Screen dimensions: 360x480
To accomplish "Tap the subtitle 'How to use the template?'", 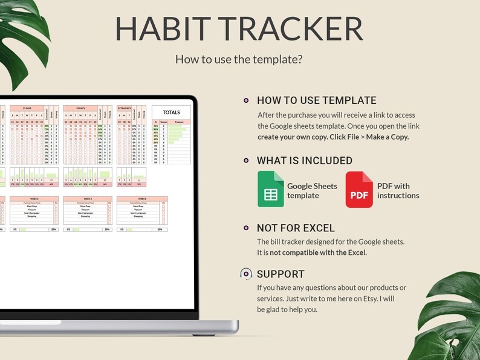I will pyautogui.click(x=239, y=59).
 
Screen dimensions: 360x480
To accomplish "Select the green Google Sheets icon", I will pyautogui.click(x=270, y=190).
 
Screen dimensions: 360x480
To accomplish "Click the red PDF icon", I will pyautogui.click(x=359, y=190).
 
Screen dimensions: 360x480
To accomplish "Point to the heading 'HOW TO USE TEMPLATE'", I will pyautogui.click(x=316, y=101).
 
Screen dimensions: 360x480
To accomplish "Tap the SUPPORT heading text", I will pyautogui.click(x=281, y=274).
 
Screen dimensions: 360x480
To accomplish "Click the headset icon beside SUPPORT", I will pyautogui.click(x=245, y=274).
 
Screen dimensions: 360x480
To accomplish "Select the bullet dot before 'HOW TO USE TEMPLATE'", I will pyautogui.click(x=245, y=101).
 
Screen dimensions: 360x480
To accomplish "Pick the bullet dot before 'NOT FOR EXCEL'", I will pyautogui.click(x=245, y=228).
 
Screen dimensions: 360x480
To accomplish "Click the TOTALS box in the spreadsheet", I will pyautogui.click(x=171, y=112).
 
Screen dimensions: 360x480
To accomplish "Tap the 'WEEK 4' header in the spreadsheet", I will pyautogui.click(x=88, y=199).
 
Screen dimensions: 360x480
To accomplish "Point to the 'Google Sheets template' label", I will pyautogui.click(x=312, y=191).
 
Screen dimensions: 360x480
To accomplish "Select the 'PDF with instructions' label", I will pyautogui.click(x=398, y=191).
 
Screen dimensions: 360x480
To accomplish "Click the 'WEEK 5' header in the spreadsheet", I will pyautogui.click(x=141, y=199).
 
